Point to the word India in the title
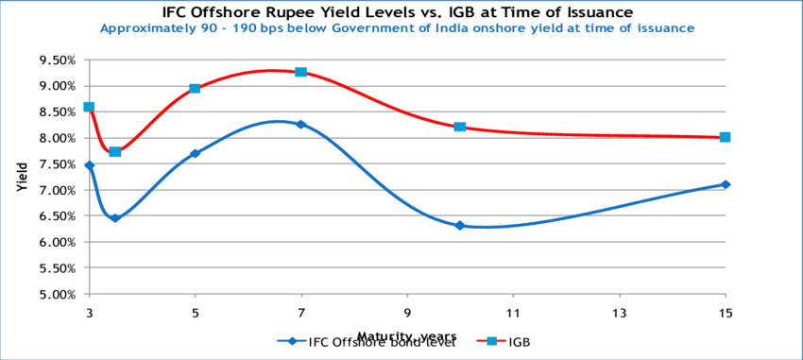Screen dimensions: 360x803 [x=453, y=29]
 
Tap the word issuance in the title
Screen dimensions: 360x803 [x=665, y=29]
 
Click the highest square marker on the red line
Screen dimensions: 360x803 [x=300, y=72]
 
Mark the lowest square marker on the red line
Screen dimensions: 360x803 [x=115, y=151]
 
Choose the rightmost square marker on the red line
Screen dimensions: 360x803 [x=725, y=137]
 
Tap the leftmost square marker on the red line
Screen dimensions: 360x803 [x=89, y=107]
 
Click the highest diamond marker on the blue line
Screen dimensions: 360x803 [x=300, y=124]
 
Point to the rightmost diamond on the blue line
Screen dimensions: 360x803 [x=725, y=184]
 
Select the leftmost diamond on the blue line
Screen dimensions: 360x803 [x=89, y=165]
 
